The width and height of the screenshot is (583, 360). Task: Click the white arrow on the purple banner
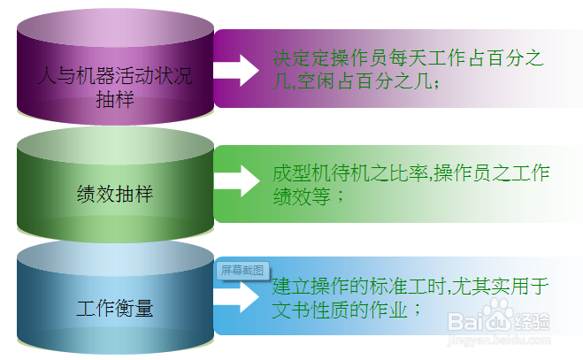[236, 70]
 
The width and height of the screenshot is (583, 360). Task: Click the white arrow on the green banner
[237, 180]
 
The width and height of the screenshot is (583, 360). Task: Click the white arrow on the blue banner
[237, 296]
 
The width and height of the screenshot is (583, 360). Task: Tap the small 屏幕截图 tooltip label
[242, 271]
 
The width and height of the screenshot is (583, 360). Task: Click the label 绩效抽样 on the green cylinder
[115, 194]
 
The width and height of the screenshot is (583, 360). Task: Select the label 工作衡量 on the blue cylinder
[115, 309]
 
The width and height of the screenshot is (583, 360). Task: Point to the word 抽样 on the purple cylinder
[115, 100]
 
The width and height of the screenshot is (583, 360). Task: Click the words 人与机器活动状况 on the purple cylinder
[115, 76]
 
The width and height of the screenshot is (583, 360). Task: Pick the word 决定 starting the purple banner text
[292, 57]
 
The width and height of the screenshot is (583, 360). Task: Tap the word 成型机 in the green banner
[302, 173]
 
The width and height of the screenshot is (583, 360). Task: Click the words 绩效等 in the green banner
[302, 196]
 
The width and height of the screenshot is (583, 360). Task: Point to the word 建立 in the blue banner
[292, 287]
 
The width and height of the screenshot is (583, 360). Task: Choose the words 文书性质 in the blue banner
[311, 310]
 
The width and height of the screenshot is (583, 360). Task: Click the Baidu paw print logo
[498, 315]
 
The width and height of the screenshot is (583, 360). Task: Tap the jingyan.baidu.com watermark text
[499, 340]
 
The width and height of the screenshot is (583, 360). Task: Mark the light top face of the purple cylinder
[115, 28]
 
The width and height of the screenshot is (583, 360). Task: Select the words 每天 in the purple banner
[408, 57]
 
